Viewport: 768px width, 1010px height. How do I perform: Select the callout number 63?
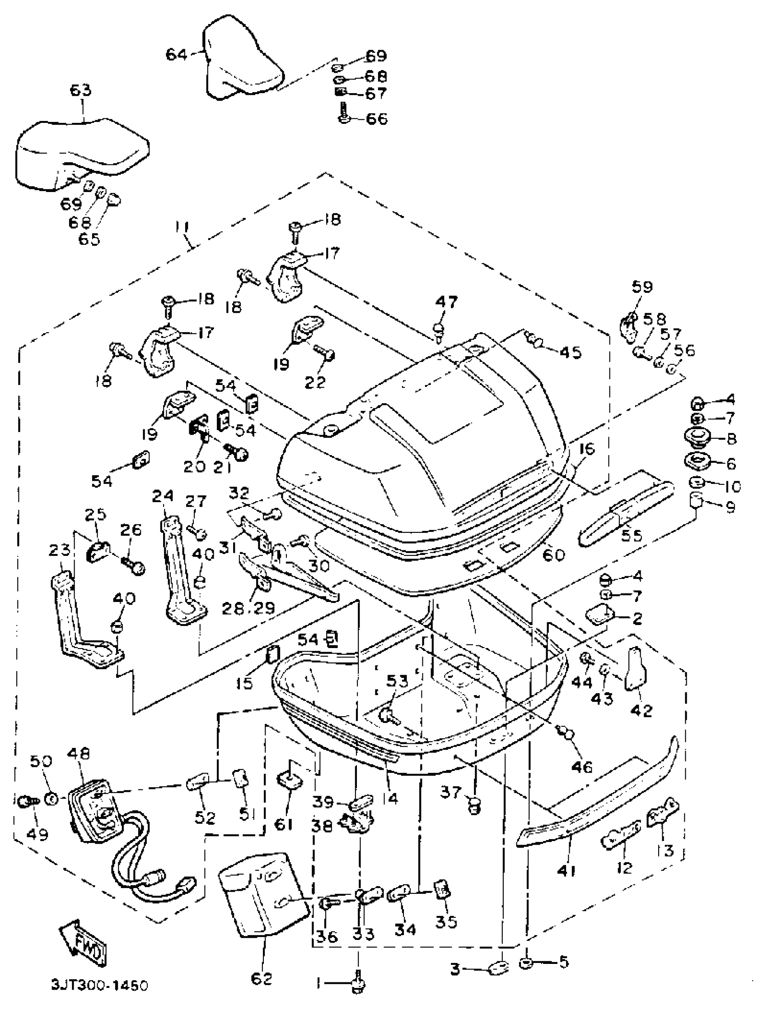[80, 90]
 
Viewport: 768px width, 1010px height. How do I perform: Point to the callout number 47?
[446, 302]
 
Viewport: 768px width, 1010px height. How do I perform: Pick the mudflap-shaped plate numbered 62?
[264, 894]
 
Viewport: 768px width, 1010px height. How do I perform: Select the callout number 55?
[630, 535]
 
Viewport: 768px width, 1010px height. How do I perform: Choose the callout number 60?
[553, 555]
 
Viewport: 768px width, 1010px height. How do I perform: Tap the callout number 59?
[642, 287]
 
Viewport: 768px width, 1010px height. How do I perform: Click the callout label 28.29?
[248, 608]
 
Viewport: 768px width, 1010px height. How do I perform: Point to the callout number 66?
[376, 119]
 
